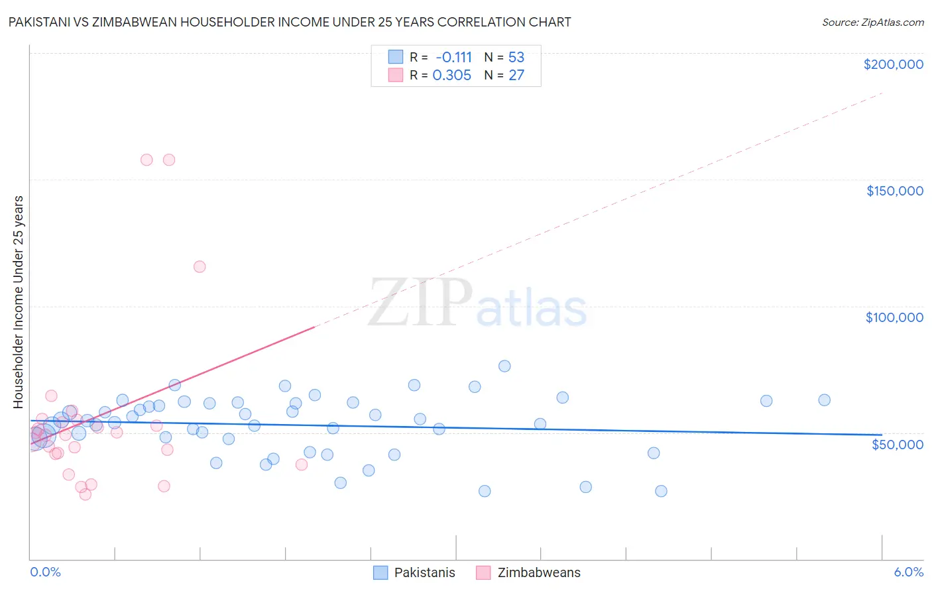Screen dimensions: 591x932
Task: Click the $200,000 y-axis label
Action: pyautogui.click(x=893, y=64)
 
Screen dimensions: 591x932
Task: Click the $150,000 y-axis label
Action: pyautogui.click(x=894, y=191)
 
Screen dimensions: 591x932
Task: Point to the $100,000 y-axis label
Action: pyautogui.click(x=894, y=317)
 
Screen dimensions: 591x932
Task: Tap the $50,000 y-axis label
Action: pyautogui.click(x=897, y=444)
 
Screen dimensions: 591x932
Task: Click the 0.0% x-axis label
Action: pyautogui.click(x=45, y=572)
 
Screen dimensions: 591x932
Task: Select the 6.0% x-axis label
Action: pyautogui.click(x=908, y=572)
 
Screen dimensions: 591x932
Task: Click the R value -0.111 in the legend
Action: pyautogui.click(x=453, y=58)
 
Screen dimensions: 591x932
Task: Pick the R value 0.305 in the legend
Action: pyautogui.click(x=451, y=76)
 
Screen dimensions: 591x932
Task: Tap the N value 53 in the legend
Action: pyautogui.click(x=516, y=58)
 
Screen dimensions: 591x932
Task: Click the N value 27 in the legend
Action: pyautogui.click(x=516, y=76)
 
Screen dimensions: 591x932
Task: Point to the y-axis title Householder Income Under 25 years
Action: pyautogui.click(x=18, y=302)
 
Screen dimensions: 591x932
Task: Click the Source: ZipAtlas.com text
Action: pyautogui.click(x=872, y=23)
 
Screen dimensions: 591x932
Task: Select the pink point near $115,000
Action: pyautogui.click(x=200, y=267)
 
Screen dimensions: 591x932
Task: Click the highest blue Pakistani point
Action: pyautogui.click(x=504, y=366)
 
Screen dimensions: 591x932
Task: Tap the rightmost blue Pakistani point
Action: pyautogui.click(x=824, y=400)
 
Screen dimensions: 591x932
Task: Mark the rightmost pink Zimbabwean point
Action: pyautogui.click(x=302, y=464)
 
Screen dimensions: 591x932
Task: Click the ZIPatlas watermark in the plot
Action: pyautogui.click(x=477, y=304)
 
